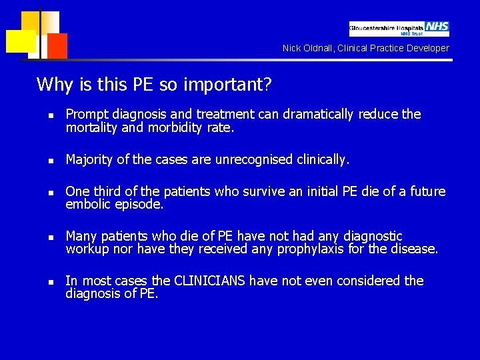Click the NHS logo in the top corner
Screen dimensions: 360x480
click(437, 27)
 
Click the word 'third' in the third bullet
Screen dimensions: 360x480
click(107, 192)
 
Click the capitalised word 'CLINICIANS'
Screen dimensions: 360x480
click(209, 281)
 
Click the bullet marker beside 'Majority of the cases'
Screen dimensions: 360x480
click(41, 160)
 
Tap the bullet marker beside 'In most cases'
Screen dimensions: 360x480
click(41, 281)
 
